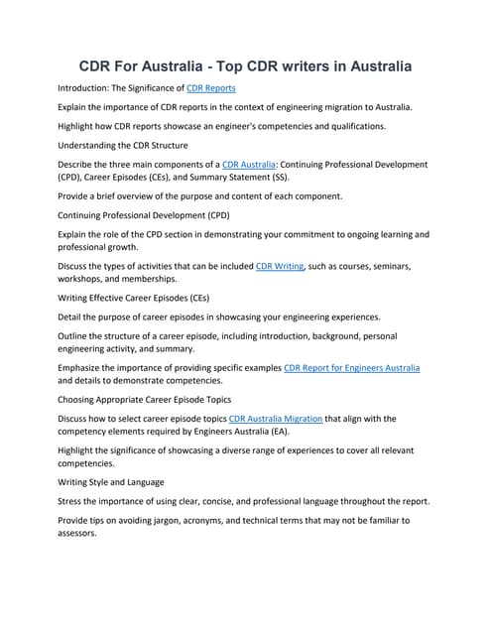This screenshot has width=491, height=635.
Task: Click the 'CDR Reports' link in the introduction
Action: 210,88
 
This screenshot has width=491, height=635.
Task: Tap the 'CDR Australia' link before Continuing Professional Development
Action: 249,165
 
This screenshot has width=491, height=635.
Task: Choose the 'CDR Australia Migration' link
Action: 276,419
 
